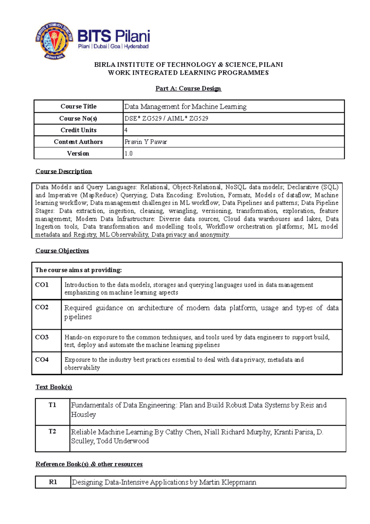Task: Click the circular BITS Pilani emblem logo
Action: [x=54, y=40]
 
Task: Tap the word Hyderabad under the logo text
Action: [x=136, y=46]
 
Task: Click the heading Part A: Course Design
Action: [x=188, y=89]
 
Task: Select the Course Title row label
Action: [x=78, y=106]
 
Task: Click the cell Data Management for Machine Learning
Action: [x=185, y=107]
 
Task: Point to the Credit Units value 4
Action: [x=126, y=130]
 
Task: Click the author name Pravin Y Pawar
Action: [x=146, y=142]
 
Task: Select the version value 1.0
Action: [x=128, y=154]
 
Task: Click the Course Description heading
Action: [x=64, y=172]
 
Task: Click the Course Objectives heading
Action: [x=62, y=251]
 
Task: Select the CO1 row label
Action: [x=42, y=285]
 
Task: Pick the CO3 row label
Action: [x=42, y=337]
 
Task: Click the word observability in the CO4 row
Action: [x=82, y=368]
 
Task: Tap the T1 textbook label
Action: [x=52, y=405]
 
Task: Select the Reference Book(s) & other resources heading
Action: [x=89, y=464]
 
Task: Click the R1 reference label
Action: [x=53, y=482]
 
